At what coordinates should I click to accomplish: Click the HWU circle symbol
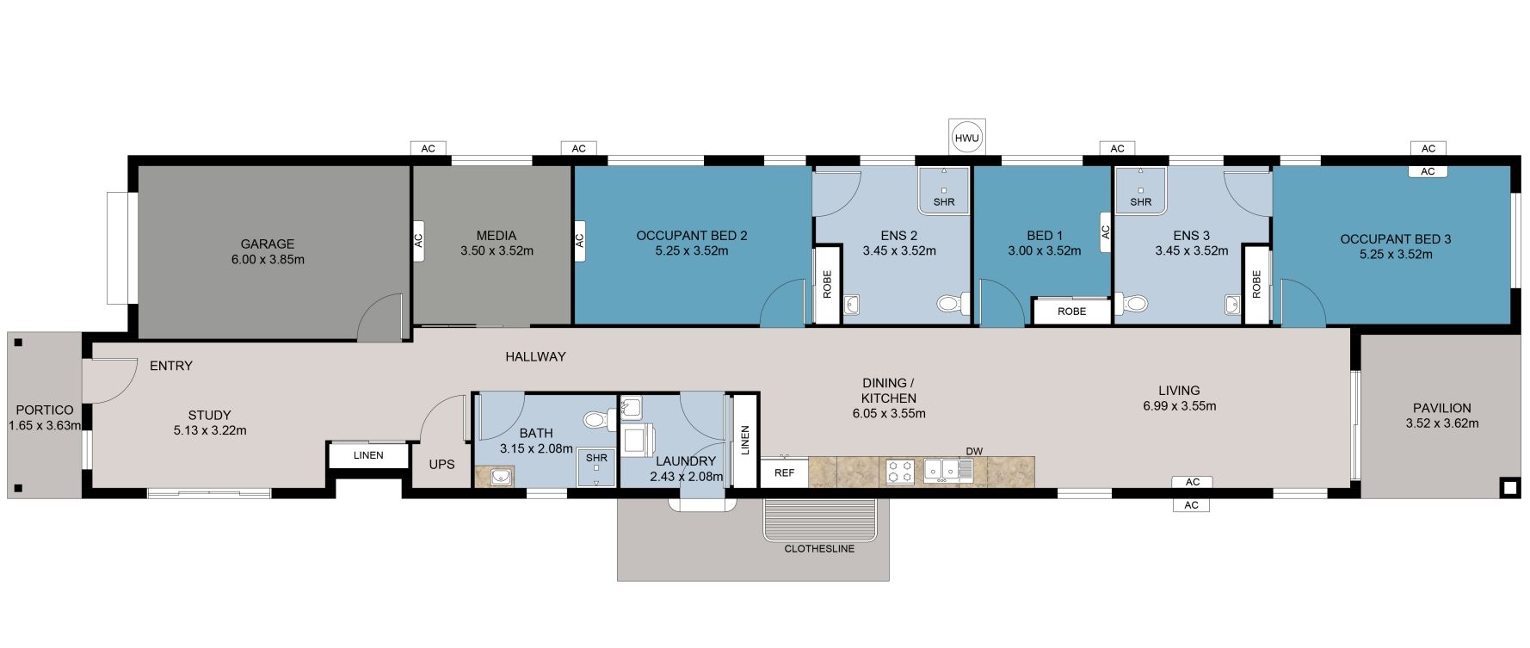[x=966, y=138]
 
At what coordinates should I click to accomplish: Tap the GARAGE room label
[x=267, y=244]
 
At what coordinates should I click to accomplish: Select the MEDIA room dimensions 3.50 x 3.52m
[x=497, y=251]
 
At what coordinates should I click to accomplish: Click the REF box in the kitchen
[x=784, y=472]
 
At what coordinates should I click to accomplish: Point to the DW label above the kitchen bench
[x=973, y=451]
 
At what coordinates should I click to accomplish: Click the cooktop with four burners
[x=900, y=472]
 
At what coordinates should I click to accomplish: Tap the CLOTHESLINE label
[x=819, y=548]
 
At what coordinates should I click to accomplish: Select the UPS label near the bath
[x=441, y=465]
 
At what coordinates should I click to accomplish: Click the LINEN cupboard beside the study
[x=367, y=455]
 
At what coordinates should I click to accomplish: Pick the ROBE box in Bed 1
[x=1071, y=312]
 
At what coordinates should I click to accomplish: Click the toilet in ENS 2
[x=950, y=303]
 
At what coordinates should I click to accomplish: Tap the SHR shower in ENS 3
[x=1140, y=190]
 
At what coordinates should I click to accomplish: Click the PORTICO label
[x=45, y=410]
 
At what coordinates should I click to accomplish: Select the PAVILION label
[x=1441, y=408]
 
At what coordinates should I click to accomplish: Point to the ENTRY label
[x=170, y=366]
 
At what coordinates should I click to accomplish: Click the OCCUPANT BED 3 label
[x=1395, y=238]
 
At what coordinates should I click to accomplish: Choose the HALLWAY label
[x=535, y=356]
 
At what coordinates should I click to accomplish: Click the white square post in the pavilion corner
[x=1510, y=488]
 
